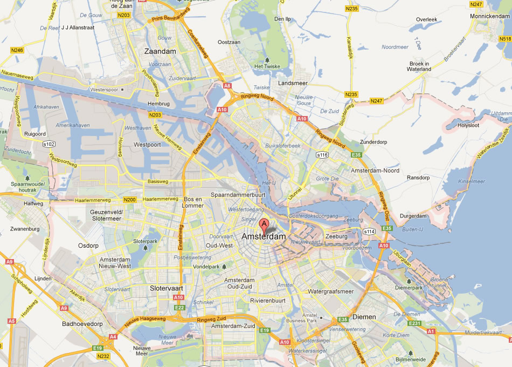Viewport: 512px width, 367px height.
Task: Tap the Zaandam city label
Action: (x=160, y=51)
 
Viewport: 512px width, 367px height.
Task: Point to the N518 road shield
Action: (x=505, y=39)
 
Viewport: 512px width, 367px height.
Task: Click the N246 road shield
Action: (x=17, y=50)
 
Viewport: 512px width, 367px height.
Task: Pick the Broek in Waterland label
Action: (x=419, y=66)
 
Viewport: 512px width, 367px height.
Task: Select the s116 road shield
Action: (x=322, y=154)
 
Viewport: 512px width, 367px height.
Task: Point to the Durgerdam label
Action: (x=413, y=216)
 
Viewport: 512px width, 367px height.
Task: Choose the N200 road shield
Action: (x=130, y=200)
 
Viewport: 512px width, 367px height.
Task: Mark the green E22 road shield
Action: (x=179, y=308)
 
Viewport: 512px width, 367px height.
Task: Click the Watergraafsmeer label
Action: (x=330, y=291)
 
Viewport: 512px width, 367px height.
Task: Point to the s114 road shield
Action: (x=369, y=232)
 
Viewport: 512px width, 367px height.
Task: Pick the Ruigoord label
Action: (x=36, y=133)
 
